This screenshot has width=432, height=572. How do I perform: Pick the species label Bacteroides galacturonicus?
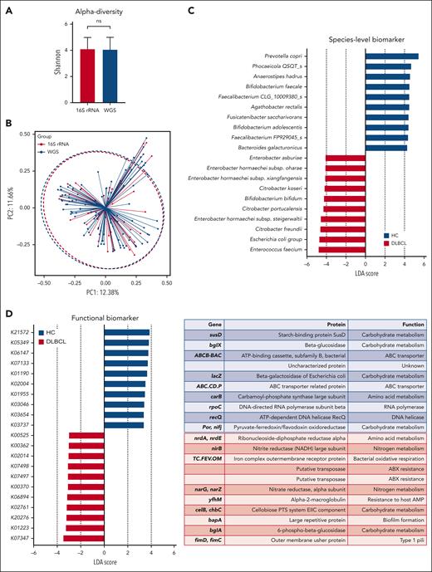coord(282,147)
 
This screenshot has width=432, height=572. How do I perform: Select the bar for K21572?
coord(126,332)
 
